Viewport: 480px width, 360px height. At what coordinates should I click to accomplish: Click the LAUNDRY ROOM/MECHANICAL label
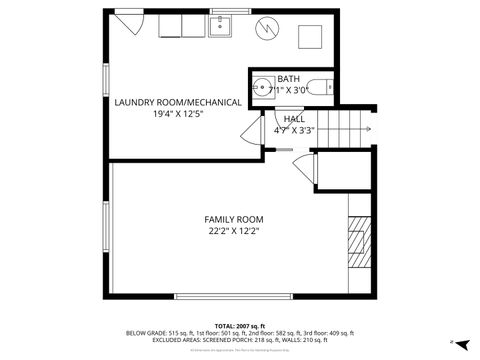click(177, 102)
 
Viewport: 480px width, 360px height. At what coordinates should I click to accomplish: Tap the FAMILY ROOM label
click(233, 219)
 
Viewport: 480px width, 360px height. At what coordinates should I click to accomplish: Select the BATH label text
click(288, 78)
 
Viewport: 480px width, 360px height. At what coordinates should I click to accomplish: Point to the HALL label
click(294, 119)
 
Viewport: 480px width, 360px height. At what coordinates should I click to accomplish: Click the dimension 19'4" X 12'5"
click(177, 114)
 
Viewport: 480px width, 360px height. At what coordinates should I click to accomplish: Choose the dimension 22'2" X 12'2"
click(233, 231)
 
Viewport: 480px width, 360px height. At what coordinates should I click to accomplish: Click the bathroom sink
click(264, 85)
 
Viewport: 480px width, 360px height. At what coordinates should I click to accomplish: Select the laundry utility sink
click(222, 26)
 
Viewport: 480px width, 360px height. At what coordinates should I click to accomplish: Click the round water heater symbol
click(267, 30)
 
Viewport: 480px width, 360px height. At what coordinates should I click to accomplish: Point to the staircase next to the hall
click(350, 127)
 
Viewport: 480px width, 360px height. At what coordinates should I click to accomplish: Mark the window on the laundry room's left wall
click(106, 81)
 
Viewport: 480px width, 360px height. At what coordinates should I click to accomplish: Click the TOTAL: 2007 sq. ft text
click(239, 325)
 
